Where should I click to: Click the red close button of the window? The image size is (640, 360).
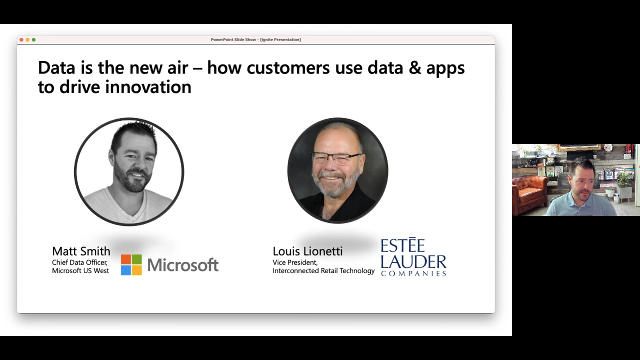(x=21, y=39)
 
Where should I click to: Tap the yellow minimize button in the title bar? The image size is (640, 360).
(x=27, y=39)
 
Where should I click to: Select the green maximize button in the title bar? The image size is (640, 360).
(x=33, y=39)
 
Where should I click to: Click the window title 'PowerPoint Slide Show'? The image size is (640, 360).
(x=233, y=39)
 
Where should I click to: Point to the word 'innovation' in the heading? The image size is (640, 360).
(x=148, y=87)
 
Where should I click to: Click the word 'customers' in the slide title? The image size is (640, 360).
(x=288, y=68)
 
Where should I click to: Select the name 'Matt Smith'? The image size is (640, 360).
(x=81, y=251)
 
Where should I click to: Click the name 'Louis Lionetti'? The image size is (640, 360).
(x=307, y=251)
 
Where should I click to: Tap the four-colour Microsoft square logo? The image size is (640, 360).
(x=131, y=265)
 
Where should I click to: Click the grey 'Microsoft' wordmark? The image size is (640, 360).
(x=183, y=265)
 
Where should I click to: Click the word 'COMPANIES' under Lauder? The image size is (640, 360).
(x=413, y=273)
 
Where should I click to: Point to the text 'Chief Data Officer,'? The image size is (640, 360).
(x=79, y=262)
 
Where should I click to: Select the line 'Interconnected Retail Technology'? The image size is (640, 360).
(x=323, y=270)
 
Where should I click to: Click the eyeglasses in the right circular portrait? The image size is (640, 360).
(x=335, y=157)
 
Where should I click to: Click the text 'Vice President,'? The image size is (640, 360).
(x=295, y=262)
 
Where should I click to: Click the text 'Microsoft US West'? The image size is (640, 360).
(x=80, y=270)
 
